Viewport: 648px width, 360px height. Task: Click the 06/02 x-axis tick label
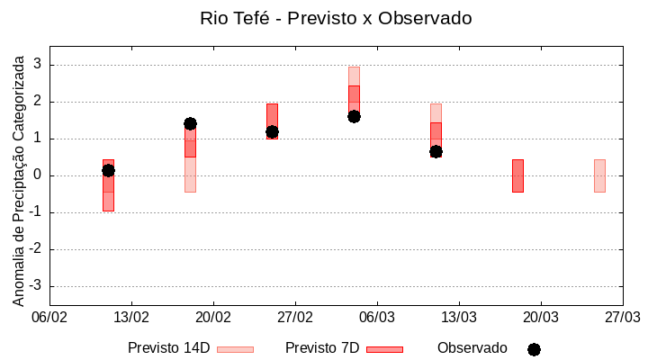49,318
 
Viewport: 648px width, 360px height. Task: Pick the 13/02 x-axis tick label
131,318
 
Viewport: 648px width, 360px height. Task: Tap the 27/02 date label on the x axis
295,318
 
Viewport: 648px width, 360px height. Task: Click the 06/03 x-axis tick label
377,318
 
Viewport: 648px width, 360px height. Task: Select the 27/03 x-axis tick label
622,318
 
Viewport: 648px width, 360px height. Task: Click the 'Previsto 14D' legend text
169,348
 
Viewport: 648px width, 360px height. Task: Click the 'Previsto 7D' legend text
322,348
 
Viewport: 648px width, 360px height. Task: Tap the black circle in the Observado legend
534,349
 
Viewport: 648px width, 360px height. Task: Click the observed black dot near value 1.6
354,116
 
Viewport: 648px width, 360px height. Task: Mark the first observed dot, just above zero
108,170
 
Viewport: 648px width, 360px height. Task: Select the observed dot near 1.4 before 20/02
190,123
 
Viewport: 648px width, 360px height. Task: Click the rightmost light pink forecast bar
599,175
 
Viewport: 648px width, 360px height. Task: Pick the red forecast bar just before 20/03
517,175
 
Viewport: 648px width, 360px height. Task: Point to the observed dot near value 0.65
436,151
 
